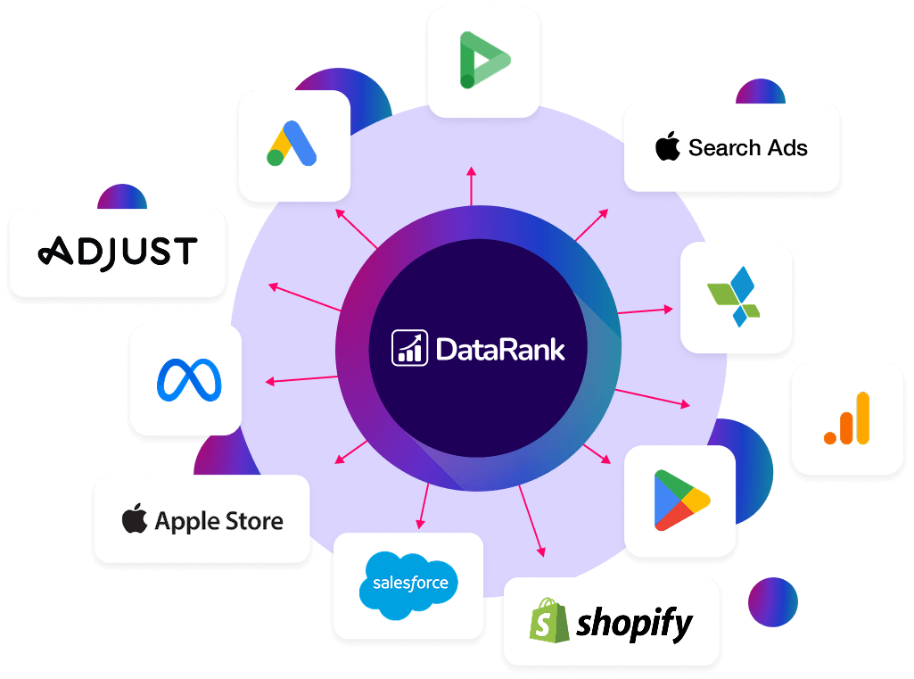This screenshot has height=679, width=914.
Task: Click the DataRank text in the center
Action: [500, 349]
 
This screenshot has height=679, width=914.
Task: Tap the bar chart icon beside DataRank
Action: [409, 348]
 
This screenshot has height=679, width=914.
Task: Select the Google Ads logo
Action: [292, 144]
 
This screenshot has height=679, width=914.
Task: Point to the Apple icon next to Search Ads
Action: [668, 147]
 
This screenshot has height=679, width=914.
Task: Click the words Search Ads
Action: [748, 148]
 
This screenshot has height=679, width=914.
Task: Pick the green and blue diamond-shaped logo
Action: [734, 298]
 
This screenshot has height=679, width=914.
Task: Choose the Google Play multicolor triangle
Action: [680, 501]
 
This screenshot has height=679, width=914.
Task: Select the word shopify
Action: [634, 622]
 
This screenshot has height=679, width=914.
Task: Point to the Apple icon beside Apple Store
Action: [135, 519]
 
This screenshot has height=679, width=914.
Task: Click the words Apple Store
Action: [219, 521]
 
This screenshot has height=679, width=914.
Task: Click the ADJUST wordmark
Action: [118, 253]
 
